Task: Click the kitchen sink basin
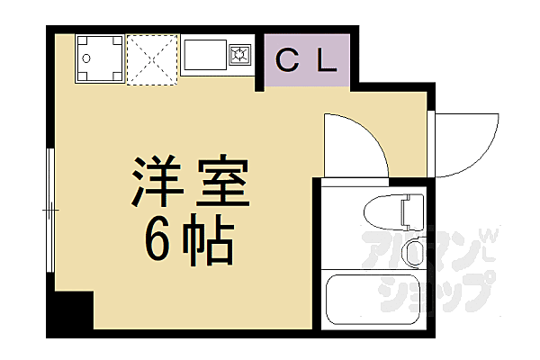(x=207, y=56)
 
